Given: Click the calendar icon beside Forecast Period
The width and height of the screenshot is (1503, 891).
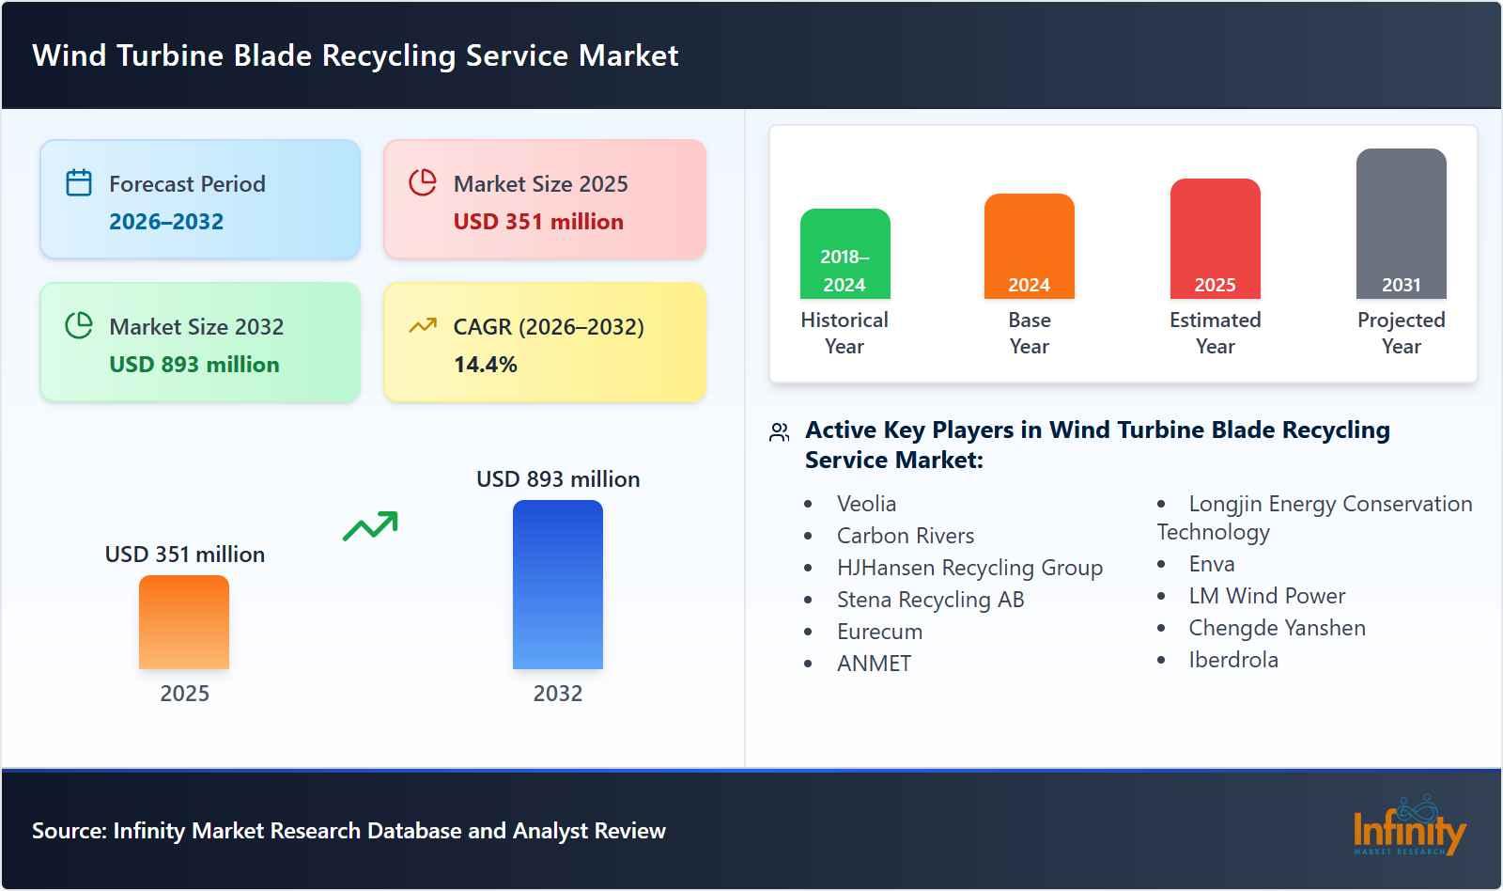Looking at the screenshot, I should [x=79, y=182].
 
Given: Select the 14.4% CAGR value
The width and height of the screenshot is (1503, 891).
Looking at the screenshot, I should [x=485, y=365].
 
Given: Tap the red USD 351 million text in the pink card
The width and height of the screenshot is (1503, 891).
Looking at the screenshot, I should [x=538, y=222].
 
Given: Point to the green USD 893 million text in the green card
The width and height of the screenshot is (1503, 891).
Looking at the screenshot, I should [x=194, y=365].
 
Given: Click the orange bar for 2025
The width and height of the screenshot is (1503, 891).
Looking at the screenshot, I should [x=184, y=622].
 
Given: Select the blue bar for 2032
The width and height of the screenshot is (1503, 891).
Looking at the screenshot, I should [x=558, y=585].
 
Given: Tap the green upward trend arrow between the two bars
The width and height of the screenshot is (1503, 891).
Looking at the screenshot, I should [x=370, y=526].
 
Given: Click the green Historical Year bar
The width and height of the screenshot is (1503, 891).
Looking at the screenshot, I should [x=844, y=254].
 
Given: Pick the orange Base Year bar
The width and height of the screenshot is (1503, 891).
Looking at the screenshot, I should [x=1029, y=246].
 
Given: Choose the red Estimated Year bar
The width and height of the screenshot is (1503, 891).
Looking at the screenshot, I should [x=1215, y=239].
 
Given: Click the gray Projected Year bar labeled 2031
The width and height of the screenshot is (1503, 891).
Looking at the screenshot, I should [x=1401, y=224].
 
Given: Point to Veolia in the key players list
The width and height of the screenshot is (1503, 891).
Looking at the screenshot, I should [x=866, y=504].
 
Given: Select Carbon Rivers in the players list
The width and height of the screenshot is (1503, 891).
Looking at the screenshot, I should [x=906, y=536].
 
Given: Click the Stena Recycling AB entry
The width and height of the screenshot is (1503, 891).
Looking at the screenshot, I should [x=930, y=600].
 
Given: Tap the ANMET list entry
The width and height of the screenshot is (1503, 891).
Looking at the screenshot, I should [x=874, y=664].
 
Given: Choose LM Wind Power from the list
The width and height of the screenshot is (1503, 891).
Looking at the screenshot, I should [x=1266, y=596].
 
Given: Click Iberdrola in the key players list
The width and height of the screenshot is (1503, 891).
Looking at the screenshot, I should [x=1233, y=660].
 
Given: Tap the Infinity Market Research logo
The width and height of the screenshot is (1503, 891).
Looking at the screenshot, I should [x=1409, y=827].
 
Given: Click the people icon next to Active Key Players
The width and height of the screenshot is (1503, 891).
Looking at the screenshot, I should [x=779, y=432].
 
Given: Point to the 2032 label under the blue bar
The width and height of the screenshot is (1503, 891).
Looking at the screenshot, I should [x=558, y=694].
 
